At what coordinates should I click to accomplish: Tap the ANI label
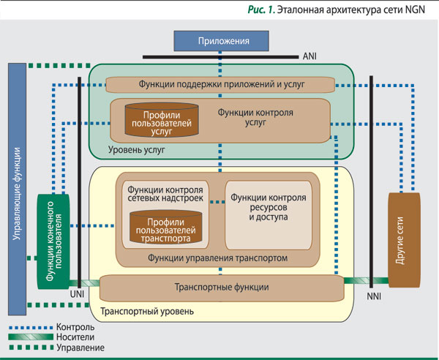310,55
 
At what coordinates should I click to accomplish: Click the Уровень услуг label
137,149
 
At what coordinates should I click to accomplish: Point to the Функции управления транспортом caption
217,258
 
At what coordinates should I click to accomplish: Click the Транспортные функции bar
221,287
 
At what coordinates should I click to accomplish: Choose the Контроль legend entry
74,326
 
